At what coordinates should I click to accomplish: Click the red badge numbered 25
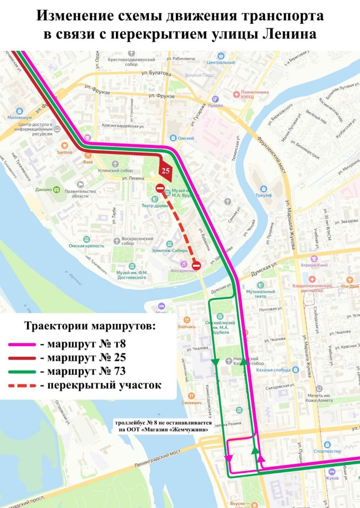coord(166,170)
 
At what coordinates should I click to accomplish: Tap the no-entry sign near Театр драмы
coord(160,188)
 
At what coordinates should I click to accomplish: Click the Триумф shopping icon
coord(264,188)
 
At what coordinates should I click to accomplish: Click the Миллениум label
coord(19,117)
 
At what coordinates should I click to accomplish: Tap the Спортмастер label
coord(327,451)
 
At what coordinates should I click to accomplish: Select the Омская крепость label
coord(87,246)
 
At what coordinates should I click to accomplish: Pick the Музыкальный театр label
coord(261,294)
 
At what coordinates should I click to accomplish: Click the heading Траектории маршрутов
coord(90,327)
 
